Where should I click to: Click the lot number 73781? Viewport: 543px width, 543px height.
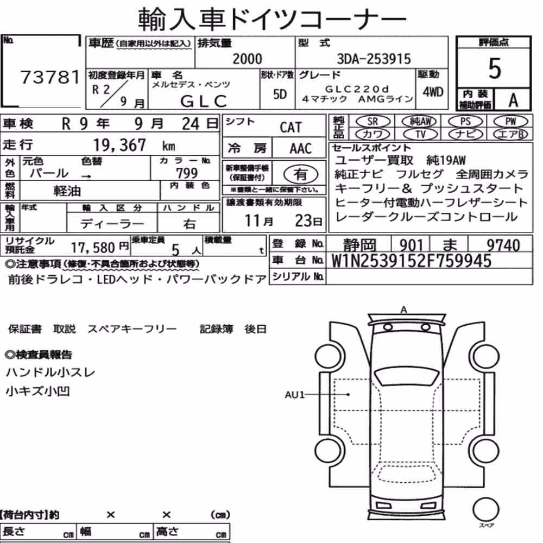[x=50, y=77]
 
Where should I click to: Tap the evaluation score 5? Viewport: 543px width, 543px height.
[x=495, y=68]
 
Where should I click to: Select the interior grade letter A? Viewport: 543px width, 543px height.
[x=513, y=100]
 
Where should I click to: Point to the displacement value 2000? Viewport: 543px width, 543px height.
[x=247, y=59]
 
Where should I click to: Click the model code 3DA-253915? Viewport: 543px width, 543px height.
[x=374, y=59]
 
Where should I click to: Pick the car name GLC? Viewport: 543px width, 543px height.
[x=204, y=101]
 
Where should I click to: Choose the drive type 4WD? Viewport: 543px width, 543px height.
[x=433, y=92]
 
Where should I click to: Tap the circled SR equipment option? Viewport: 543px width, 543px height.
[x=373, y=122]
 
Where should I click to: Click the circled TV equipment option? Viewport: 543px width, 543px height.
[x=420, y=134]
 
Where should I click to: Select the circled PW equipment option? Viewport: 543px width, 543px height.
[x=510, y=122]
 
